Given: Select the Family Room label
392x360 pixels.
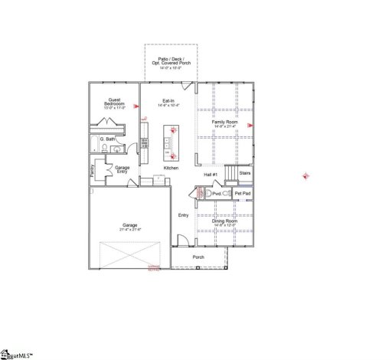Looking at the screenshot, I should tap(224, 122).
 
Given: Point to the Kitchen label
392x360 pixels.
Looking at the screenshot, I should tap(171, 168).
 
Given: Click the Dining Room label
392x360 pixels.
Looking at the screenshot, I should tap(224, 221).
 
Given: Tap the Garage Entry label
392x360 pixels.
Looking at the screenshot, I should tap(122, 169).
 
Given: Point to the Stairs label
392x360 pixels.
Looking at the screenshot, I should tap(244, 173).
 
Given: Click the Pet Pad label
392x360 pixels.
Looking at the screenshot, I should tap(243, 194).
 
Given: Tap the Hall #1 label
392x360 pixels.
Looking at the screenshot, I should tap(211, 175).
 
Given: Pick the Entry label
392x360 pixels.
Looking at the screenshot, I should tap(184, 215).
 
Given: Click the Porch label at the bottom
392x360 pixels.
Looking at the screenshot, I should tap(198, 257).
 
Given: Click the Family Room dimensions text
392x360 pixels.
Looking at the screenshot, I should tap(224, 126).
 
